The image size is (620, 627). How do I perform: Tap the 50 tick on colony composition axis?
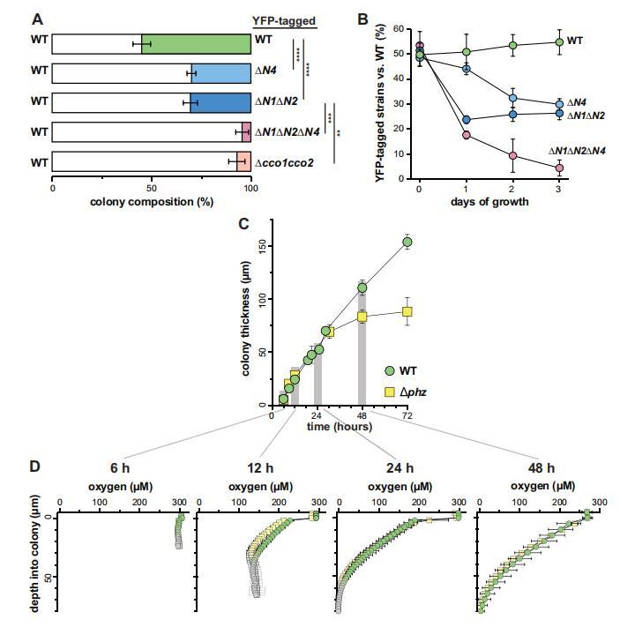(x=152, y=188)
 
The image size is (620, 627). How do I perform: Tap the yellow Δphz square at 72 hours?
(x=407, y=311)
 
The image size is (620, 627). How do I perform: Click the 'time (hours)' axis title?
(x=339, y=427)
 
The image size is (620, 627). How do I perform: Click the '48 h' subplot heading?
(x=536, y=467)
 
